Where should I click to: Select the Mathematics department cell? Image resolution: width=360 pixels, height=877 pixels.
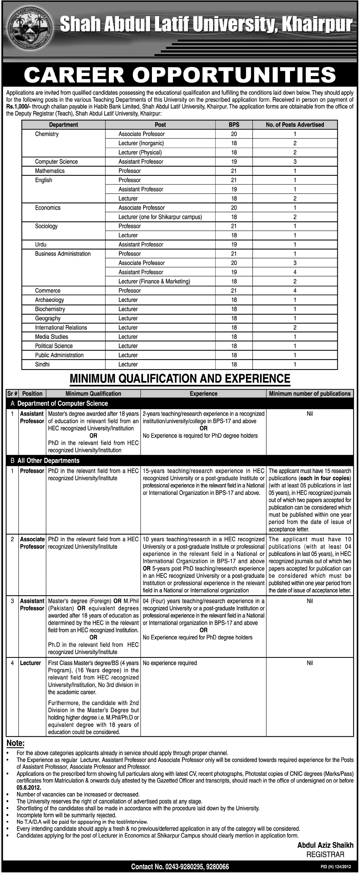click(50, 171)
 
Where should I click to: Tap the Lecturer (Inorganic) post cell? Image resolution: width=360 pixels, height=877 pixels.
click(141, 143)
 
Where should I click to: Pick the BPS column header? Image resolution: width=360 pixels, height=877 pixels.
click(233, 125)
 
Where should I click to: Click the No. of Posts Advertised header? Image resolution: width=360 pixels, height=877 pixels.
click(295, 125)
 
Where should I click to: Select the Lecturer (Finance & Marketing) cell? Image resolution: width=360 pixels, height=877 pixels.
click(154, 281)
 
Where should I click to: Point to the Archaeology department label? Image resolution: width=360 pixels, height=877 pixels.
click(49, 300)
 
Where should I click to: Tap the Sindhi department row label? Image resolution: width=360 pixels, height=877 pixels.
click(42, 364)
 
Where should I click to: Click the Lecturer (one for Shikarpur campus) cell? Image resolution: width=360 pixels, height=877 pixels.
click(160, 217)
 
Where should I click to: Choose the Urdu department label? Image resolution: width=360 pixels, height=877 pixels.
click(40, 245)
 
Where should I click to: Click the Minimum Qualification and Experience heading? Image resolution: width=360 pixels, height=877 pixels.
click(180, 379)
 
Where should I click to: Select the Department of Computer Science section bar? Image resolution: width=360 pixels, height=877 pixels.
click(62, 403)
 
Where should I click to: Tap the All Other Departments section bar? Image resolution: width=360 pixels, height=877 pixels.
click(48, 461)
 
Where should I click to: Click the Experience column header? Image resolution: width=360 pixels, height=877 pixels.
click(203, 394)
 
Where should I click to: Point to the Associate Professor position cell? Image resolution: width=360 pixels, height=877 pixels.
click(32, 543)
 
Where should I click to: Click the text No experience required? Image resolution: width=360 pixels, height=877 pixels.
click(169, 663)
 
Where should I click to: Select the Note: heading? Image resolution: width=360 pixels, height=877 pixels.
click(15, 743)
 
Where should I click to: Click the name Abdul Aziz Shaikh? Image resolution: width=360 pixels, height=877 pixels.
click(325, 845)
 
